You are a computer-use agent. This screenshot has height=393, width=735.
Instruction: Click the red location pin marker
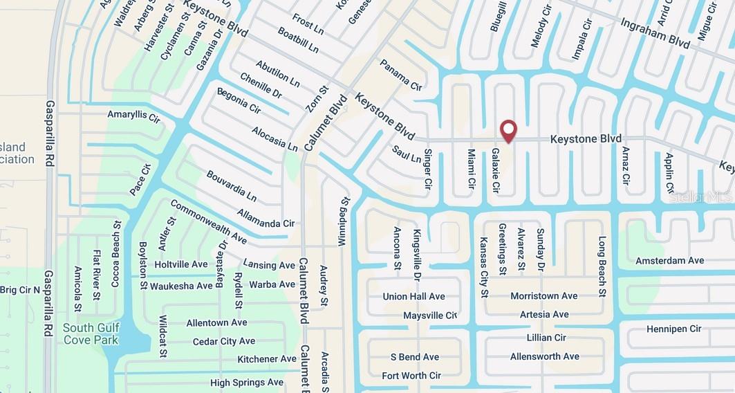508,130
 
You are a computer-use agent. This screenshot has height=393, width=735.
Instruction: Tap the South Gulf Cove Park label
91,333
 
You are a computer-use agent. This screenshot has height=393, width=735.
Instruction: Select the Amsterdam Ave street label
669,261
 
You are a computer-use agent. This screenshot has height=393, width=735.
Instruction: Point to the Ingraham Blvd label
655,33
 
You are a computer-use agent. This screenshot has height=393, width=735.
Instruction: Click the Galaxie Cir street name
495,170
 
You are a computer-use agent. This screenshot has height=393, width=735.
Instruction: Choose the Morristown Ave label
543,296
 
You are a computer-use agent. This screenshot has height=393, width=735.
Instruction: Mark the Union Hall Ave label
413,297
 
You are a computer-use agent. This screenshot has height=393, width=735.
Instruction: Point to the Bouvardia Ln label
231,185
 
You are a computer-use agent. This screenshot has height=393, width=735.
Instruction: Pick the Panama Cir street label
400,75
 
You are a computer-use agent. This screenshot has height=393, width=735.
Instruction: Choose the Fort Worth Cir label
411,376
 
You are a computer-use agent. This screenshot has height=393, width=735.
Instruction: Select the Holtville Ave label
180,264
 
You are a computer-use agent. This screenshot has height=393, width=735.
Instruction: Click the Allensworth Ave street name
544,356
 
